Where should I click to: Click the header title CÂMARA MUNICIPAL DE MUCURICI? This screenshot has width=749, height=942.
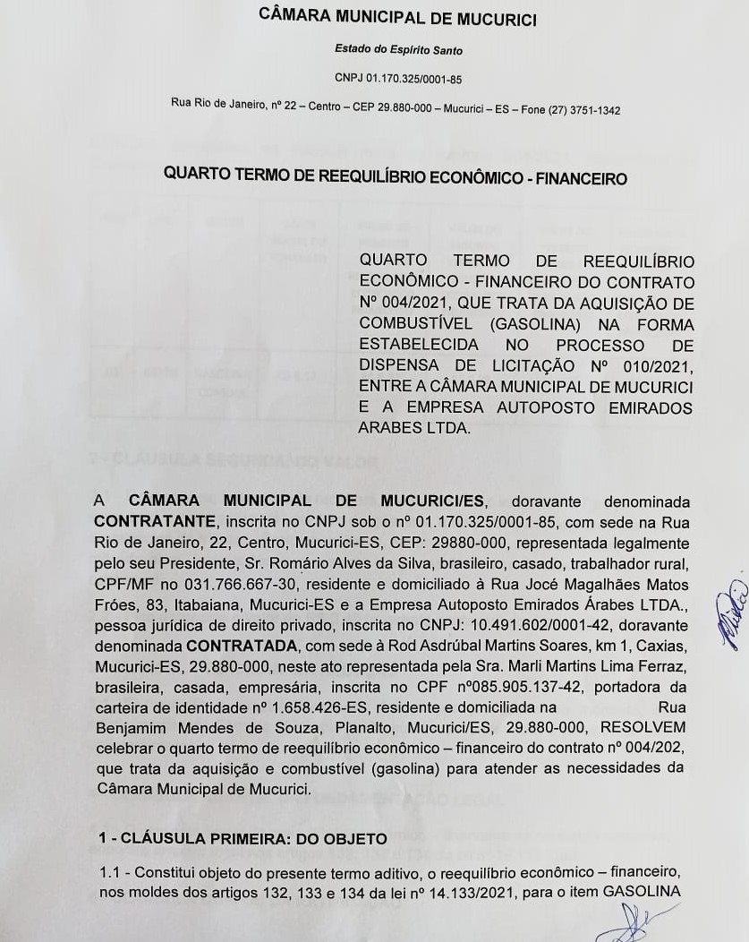(397, 16)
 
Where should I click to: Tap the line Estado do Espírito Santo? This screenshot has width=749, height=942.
(398, 50)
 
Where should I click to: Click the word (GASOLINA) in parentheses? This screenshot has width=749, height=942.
(534, 324)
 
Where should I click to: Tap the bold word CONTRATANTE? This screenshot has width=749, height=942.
(155, 522)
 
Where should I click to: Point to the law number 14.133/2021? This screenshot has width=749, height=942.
(477, 890)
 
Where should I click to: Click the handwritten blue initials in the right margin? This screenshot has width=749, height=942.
(730, 612)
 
